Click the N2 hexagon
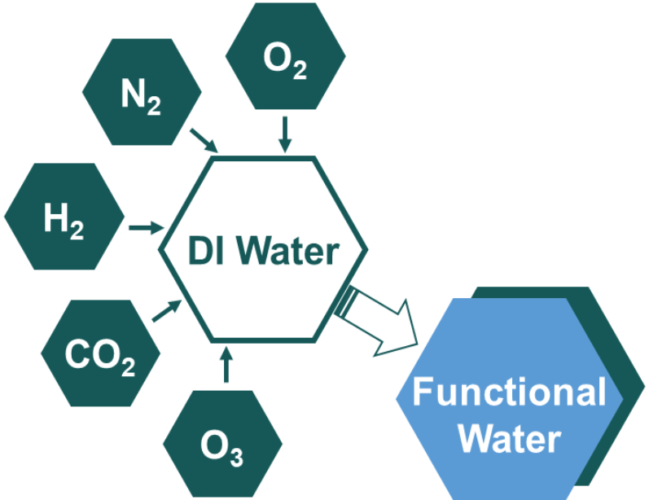coord(142,92)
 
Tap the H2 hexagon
coord(64,217)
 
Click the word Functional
coord(509,393)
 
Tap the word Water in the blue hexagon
coord(509,439)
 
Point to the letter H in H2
coord(56,217)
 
